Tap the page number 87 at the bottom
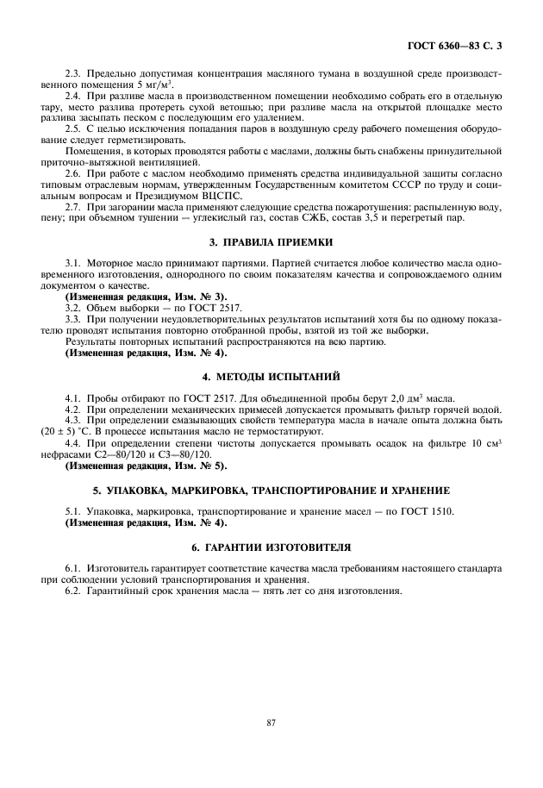[271, 722]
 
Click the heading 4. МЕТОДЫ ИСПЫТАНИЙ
[271, 377]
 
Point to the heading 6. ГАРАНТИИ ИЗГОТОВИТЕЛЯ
[271, 547]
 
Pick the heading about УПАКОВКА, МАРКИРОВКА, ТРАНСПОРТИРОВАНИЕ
[271, 490]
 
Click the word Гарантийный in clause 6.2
[122, 591]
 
